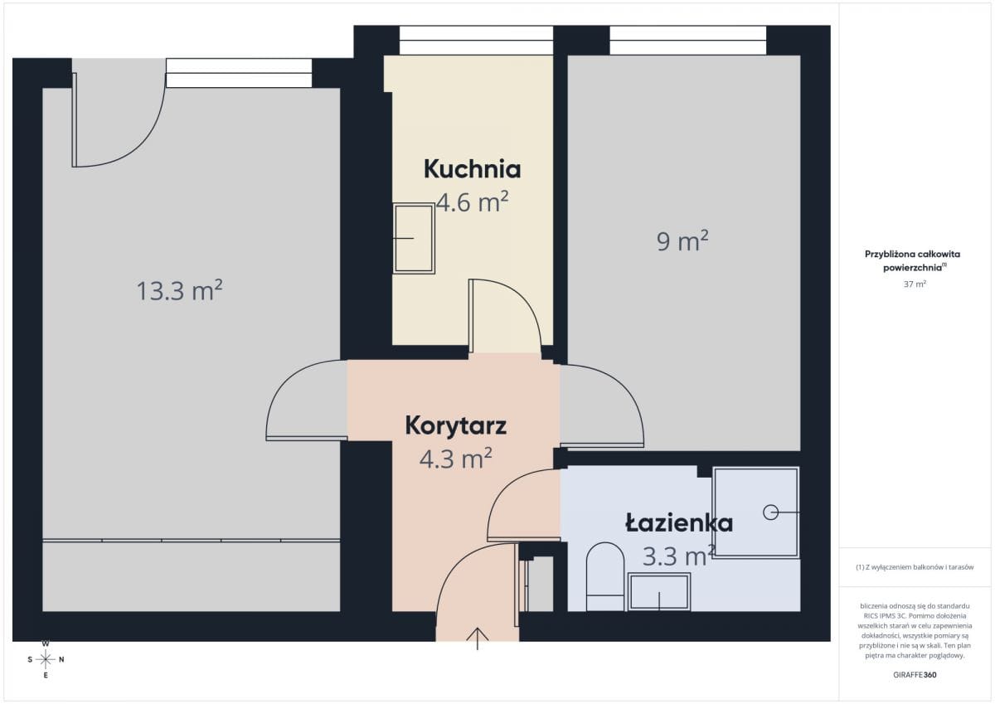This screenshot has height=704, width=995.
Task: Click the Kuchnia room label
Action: pyautogui.click(x=472, y=169)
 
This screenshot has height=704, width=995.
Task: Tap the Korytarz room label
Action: pyautogui.click(x=456, y=426)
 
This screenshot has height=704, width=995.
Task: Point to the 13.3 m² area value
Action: pyautogui.click(x=179, y=291)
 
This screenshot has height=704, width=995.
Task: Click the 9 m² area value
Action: pyautogui.click(x=682, y=241)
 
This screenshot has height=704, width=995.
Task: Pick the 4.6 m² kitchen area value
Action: pyautogui.click(x=472, y=202)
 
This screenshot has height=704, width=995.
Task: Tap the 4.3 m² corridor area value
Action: pyautogui.click(x=456, y=459)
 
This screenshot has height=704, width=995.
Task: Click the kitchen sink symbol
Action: pyautogui.click(x=414, y=238)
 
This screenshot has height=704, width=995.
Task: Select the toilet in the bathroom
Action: pyautogui.click(x=605, y=576)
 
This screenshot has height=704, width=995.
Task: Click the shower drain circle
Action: pyautogui.click(x=770, y=512)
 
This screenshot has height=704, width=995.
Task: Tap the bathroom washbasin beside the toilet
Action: pyautogui.click(x=659, y=591)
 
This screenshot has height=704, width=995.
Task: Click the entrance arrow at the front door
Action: pyautogui.click(x=478, y=638)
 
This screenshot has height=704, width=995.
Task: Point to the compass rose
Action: pyautogui.click(x=46, y=659)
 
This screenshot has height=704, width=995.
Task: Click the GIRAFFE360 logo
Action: pyautogui.click(x=915, y=675)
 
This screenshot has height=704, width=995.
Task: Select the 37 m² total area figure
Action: pyautogui.click(x=915, y=284)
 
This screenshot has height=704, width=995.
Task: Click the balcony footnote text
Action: pyautogui.click(x=915, y=567)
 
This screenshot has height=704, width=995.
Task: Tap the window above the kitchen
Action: pyautogui.click(x=476, y=41)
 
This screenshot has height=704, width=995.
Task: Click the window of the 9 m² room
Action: pyautogui.click(x=688, y=41)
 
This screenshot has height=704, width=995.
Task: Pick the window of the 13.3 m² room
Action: pyautogui.click(x=239, y=73)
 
